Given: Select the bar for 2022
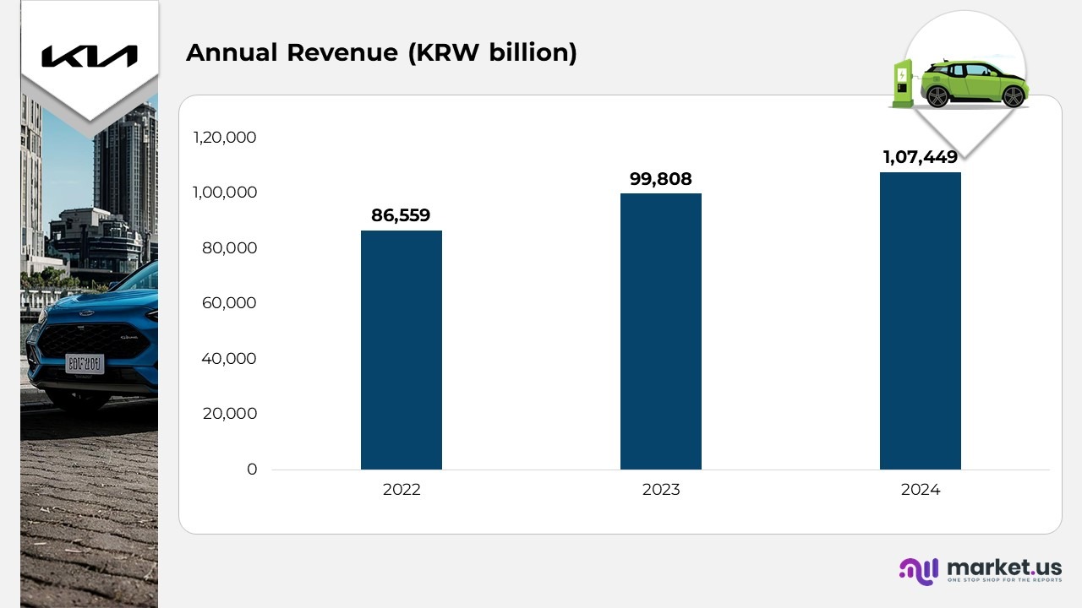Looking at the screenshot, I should click(x=401, y=350).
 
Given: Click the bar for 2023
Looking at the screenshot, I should click(x=660, y=331).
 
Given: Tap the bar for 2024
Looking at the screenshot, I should click(x=920, y=321).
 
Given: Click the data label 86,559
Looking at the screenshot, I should click(x=401, y=215).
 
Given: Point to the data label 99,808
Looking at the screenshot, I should click(x=660, y=179).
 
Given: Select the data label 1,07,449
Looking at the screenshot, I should click(x=920, y=157).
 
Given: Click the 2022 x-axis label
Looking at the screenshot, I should click(x=401, y=490).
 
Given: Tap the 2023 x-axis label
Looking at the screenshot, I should click(x=660, y=490).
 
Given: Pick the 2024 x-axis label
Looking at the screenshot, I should click(x=920, y=490).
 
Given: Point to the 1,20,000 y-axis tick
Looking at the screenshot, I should click(x=224, y=138).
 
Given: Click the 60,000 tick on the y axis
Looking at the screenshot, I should click(x=229, y=303).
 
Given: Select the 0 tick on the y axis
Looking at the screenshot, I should click(x=252, y=470).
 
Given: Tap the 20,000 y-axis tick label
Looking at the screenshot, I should click(x=229, y=414).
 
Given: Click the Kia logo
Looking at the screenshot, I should click(x=89, y=57).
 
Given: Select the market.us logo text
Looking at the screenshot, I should click(x=1003, y=567).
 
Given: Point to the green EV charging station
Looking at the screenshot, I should click(x=903, y=82).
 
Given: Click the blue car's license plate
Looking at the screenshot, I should click(x=85, y=364).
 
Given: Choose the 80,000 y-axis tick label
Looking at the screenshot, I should click(x=229, y=248).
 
